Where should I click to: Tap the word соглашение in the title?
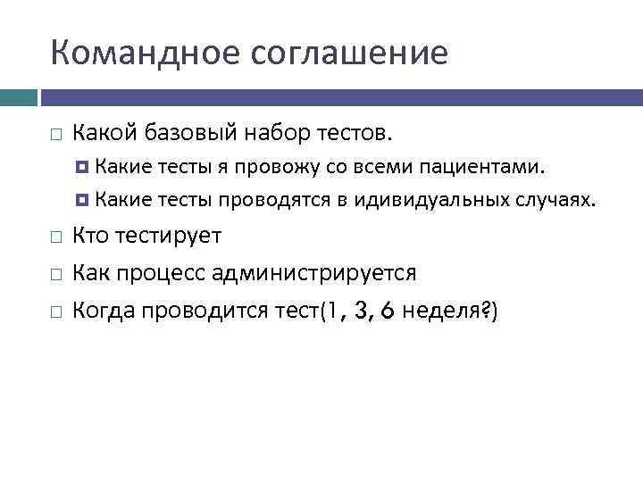[x=349, y=53]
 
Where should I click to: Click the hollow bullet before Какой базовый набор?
[x=55, y=135]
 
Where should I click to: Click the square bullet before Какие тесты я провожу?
[x=83, y=167]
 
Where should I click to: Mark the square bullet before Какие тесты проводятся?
[x=83, y=200]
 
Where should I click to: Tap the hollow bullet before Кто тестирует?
[x=55, y=237]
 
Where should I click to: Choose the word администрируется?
[x=325, y=273]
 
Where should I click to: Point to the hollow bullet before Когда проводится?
[x=55, y=312]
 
